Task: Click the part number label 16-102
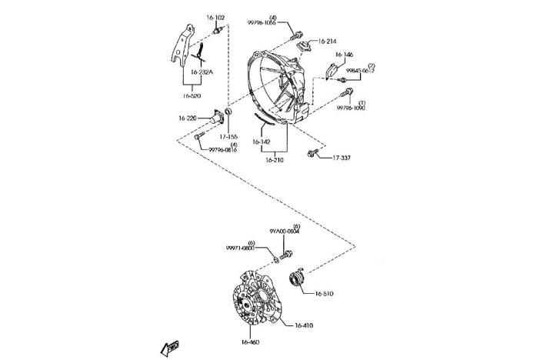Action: [215, 17]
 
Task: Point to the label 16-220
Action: [188, 118]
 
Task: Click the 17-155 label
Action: [228, 137]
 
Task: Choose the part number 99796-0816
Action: [222, 150]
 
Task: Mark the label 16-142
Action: [262, 142]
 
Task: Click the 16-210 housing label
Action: [275, 160]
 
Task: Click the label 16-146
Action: [344, 55]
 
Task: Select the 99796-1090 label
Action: [351, 108]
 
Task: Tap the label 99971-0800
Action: [240, 248]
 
